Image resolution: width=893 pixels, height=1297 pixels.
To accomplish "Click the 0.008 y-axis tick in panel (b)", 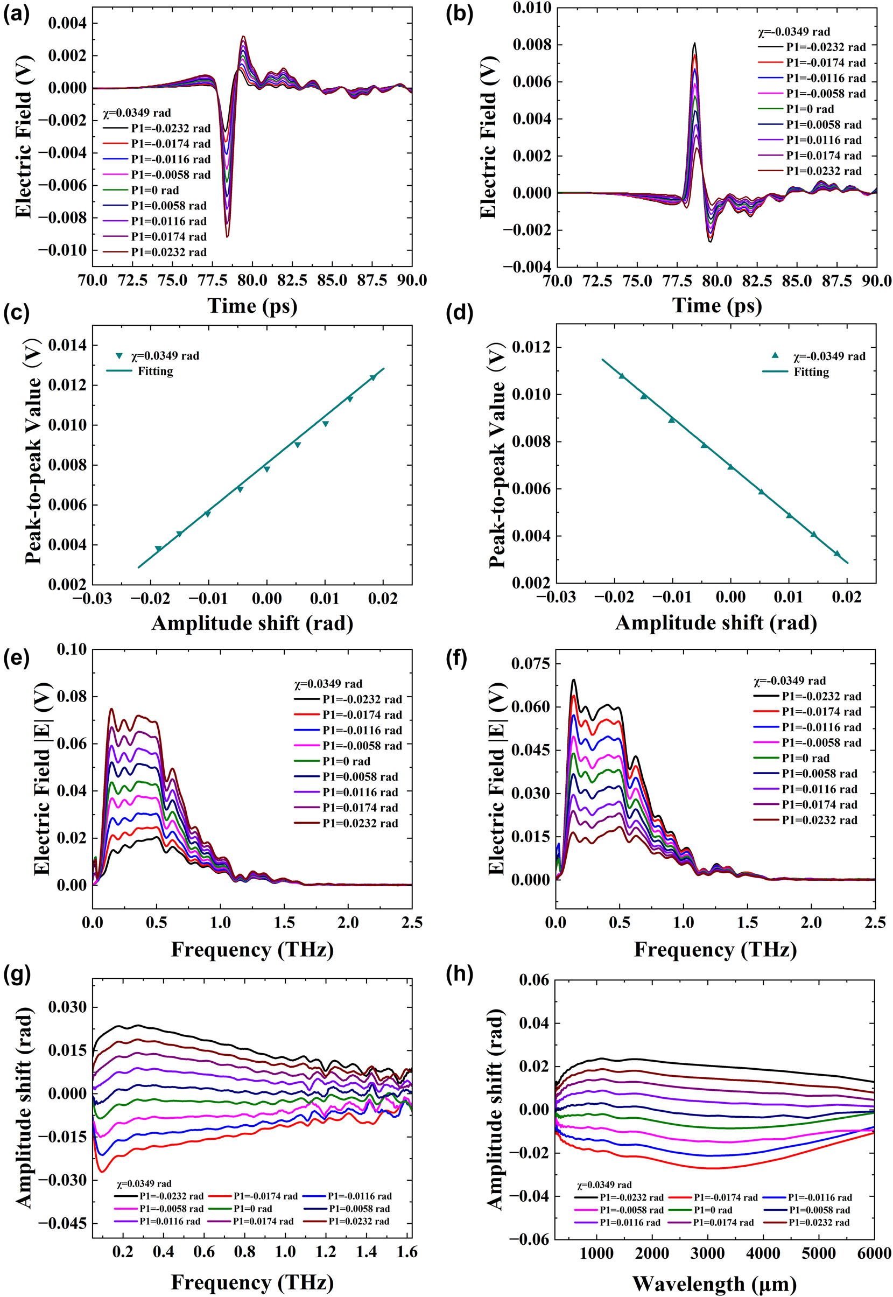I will point(532,45).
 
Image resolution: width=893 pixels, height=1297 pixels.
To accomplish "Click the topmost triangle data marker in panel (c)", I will point(373,377).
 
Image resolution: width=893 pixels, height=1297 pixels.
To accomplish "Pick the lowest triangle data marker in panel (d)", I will point(837,553).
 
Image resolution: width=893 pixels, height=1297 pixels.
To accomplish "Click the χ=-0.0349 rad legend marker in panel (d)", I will point(775,356).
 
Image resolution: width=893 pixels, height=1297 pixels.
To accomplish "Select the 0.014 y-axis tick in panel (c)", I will point(67,345).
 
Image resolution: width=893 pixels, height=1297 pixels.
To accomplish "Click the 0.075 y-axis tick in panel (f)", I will point(530,664).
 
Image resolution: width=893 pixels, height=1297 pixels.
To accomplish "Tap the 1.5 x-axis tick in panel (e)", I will point(284,922).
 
